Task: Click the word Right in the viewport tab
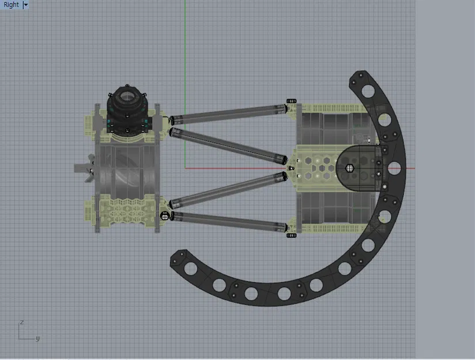click(11, 5)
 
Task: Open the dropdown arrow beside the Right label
click(25, 5)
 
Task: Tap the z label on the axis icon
click(21, 323)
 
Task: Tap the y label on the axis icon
click(38, 339)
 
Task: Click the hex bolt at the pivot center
click(349, 168)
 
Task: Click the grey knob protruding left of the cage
click(84, 168)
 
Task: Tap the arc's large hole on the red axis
click(394, 169)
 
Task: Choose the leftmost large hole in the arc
click(219, 285)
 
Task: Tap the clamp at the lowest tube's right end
click(291, 235)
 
